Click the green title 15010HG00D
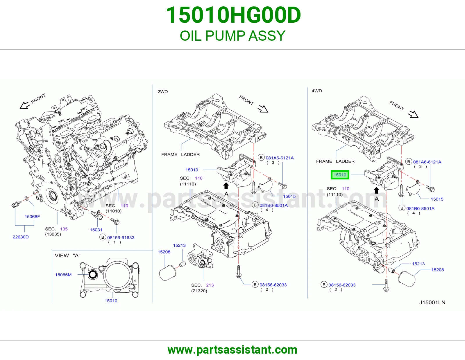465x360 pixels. tap(233, 15)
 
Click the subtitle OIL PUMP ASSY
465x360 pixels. tap(233, 35)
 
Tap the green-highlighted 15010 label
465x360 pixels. tap(340, 175)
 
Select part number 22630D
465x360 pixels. tap(21, 237)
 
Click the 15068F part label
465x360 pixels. tap(32, 217)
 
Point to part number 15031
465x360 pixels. tap(96, 230)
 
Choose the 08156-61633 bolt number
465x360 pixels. tap(121, 237)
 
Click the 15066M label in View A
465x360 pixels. tap(63, 275)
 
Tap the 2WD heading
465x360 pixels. tap(163, 91)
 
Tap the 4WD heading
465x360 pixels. tap(317, 91)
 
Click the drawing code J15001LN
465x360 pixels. tap(432, 302)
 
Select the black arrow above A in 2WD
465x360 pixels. tap(226, 186)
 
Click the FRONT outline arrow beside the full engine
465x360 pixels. tap(25, 105)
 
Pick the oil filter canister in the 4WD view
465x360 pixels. tap(407, 279)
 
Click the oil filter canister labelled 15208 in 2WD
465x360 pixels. tap(168, 273)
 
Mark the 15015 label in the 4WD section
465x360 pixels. tap(437, 199)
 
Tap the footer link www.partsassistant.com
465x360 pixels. tap(233, 350)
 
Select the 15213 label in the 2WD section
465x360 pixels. tap(179, 245)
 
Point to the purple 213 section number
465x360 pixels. tap(210, 285)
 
